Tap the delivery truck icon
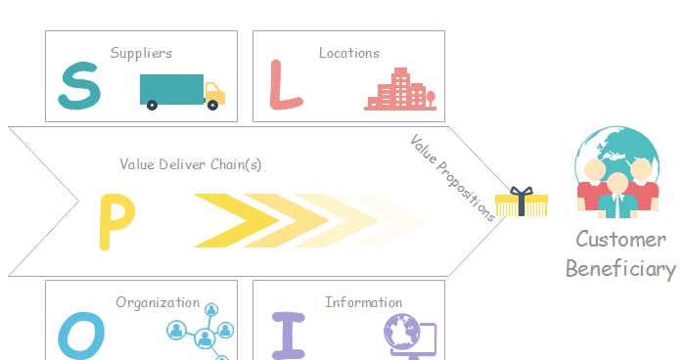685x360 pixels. tap(183, 91)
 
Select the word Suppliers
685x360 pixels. tap(141, 53)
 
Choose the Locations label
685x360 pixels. tap(349, 53)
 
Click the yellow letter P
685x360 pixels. tap(116, 221)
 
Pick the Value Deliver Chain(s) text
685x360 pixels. tap(191, 164)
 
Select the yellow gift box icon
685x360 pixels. tap(514, 202)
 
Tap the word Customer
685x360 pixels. tap(620, 240)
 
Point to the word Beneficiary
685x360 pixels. tap(620, 270)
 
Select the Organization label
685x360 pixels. tap(158, 303)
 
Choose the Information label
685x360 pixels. tap(363, 303)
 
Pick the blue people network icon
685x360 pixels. tap(204, 333)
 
